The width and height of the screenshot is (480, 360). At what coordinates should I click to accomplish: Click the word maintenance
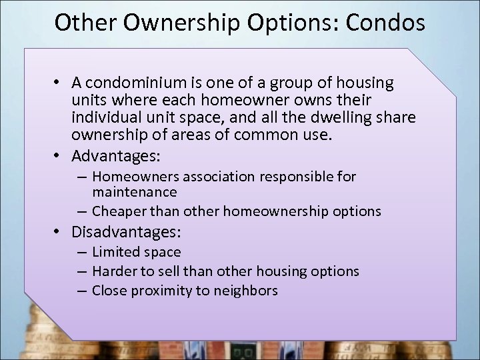[134, 192]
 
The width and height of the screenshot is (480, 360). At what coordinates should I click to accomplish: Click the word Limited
[116, 252]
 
